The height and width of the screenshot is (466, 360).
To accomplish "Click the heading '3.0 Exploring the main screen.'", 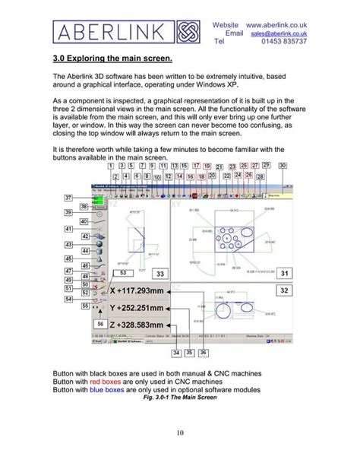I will (113, 58).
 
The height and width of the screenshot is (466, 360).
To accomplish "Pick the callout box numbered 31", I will (284, 273).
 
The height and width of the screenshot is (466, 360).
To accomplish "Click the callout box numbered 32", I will (284, 290).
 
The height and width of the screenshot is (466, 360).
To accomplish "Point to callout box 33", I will (160, 273).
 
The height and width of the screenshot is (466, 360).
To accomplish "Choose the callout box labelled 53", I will (123, 272).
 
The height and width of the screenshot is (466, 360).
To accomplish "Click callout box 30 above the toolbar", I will (283, 165).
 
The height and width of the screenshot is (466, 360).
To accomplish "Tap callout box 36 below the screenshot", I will (204, 353).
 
